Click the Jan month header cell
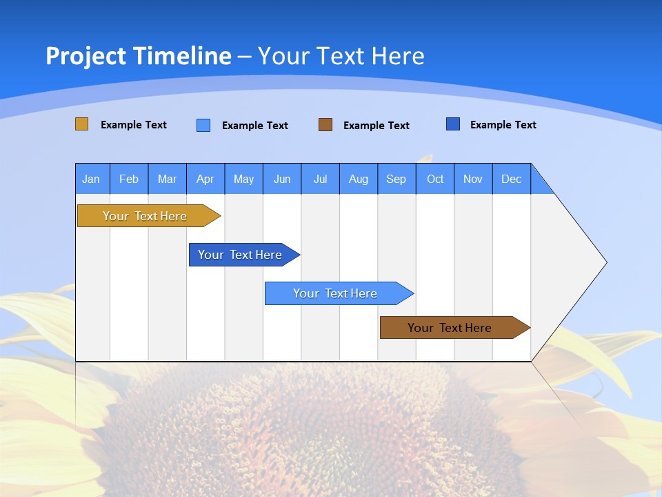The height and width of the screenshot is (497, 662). click(92, 179)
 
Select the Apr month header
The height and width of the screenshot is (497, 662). click(205, 179)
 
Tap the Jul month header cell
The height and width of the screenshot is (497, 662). click(320, 179)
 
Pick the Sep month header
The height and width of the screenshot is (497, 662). click(396, 179)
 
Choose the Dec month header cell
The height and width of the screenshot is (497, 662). click(511, 179)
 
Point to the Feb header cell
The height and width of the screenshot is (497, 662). click(129, 179)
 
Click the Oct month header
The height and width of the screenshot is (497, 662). click(435, 179)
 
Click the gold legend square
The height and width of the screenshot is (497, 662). click(81, 124)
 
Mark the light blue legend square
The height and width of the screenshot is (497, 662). click(203, 125)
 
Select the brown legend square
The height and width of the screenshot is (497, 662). click(325, 124)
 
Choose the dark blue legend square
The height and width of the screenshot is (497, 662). click(453, 124)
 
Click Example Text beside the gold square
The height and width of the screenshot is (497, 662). click(134, 125)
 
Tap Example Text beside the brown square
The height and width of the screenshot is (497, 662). click(377, 126)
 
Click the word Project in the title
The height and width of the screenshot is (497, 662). click(84, 56)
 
